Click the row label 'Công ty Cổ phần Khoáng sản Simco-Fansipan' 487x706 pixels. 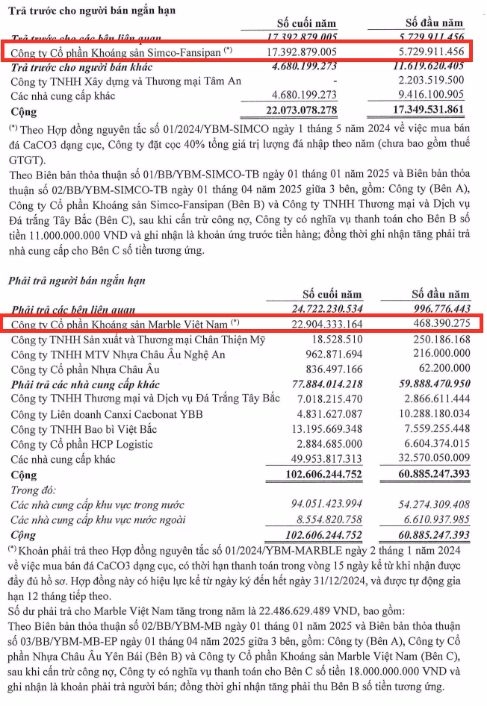click(116, 51)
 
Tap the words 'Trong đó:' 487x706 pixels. click(32, 490)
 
